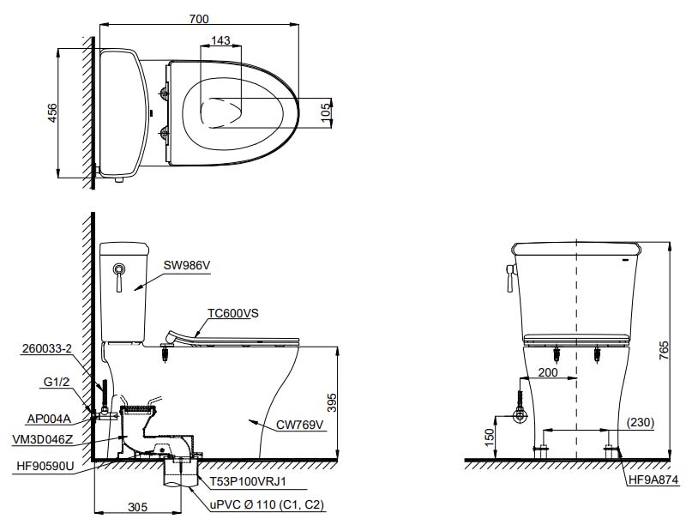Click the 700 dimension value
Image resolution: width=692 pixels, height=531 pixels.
coord(199,19)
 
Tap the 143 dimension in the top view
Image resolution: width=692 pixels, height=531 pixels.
coord(220,40)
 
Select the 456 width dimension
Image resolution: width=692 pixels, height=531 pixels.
coord(52,113)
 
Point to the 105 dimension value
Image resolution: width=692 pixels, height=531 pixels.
coord(326,112)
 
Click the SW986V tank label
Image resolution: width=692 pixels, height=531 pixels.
coord(187,265)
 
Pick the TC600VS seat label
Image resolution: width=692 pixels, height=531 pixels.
coord(233,313)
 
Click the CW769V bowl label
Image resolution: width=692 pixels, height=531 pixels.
coord(299,425)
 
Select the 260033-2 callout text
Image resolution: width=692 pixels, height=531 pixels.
coord(47,348)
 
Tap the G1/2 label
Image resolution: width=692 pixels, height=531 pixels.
coord(57,382)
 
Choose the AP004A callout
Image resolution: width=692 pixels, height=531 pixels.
coord(49,419)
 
